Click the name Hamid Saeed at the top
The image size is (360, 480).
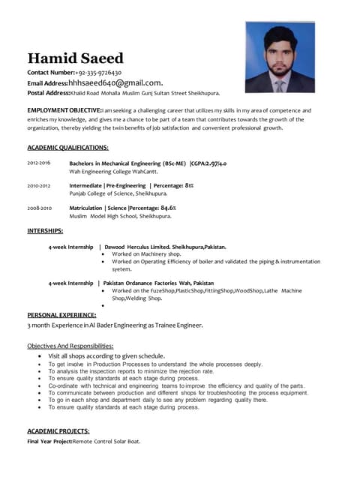pyautogui.click(x=75, y=58)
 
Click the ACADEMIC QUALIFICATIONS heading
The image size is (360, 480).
pyautogui.click(x=67, y=148)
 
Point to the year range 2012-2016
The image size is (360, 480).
pyautogui.click(x=39, y=163)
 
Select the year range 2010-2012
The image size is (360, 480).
pyautogui.click(x=39, y=184)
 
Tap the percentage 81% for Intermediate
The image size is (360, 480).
pyautogui.click(x=189, y=184)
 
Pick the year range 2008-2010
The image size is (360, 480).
pyautogui.click(x=39, y=207)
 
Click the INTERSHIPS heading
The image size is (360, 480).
pyautogui.click(x=45, y=230)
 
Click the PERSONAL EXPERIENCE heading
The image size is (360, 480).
pyautogui.click(x=64, y=315)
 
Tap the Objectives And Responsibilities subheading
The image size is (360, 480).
pyautogui.click(x=70, y=345)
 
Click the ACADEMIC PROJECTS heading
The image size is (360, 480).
pyautogui.click(x=58, y=431)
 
